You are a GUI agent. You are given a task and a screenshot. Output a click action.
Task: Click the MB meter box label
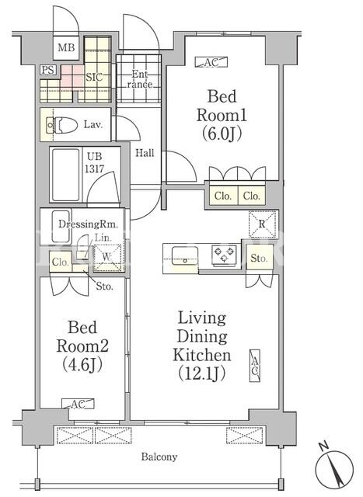coord(66,47)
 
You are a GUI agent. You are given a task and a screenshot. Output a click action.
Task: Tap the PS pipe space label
coord(48,70)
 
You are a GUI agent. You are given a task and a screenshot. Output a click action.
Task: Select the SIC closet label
coord(94,77)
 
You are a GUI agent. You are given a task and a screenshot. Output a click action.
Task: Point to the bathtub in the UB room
coord(66,175)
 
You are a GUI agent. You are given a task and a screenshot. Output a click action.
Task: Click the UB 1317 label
coord(94,162)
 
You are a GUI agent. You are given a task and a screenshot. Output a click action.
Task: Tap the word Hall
coord(145,153)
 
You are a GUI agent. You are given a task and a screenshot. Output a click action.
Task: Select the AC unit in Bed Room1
coord(211,62)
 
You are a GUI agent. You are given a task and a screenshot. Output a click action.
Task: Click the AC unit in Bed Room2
coord(78,404)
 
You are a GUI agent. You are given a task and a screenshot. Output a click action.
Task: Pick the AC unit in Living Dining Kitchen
coord(255,366)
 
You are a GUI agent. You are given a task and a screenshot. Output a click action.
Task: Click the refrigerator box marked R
coord(262,224)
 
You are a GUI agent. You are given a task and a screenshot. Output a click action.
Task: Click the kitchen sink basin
coord(185,255)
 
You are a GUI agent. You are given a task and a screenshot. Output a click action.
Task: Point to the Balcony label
coord(159,457)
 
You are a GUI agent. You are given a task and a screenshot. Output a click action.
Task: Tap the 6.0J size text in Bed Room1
coord(222,134)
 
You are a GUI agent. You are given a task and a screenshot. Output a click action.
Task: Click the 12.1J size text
coord(202,373)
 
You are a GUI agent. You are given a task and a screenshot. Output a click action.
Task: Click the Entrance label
coord(140,79)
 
